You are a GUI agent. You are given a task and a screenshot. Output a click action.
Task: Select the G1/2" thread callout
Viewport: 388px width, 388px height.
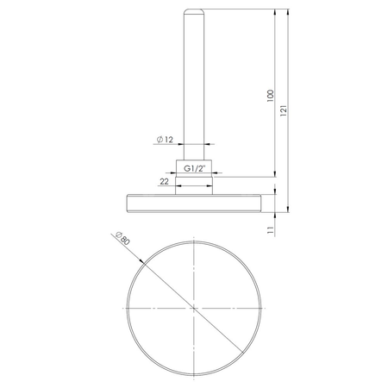tap(194, 169)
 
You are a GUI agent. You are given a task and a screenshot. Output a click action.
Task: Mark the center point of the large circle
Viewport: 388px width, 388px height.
tap(194, 307)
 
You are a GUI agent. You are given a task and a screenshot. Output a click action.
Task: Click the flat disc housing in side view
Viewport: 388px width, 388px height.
tap(194, 203)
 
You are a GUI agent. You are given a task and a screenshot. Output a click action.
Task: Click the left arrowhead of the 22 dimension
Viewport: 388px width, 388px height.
tap(178, 178)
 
